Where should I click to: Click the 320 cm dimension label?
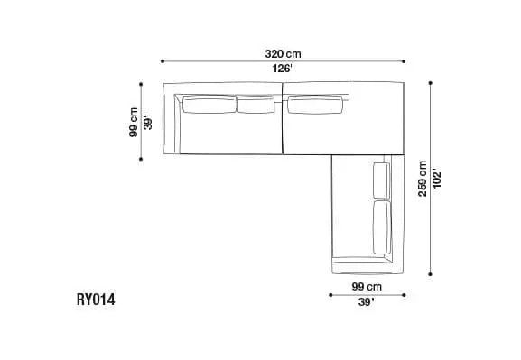point(284,54)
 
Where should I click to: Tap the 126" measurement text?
point(284,69)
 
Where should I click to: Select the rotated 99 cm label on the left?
point(134,122)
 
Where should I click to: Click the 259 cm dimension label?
point(423,179)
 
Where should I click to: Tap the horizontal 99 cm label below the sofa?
point(366,286)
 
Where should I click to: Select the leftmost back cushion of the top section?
point(209,106)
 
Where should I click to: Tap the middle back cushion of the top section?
point(255,106)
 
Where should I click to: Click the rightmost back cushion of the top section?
point(316,106)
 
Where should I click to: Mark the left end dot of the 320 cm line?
point(163,61)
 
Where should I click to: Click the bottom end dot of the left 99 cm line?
point(142,159)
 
